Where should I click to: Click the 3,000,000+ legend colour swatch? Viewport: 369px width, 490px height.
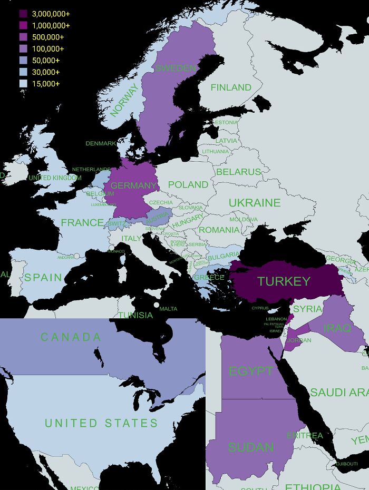coord(23,14)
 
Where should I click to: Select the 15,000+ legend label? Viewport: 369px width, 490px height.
coord(46,84)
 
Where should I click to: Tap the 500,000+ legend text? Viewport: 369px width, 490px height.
coord(48,37)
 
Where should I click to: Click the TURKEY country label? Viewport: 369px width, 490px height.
coord(284,281)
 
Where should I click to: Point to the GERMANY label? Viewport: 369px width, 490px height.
coord(133,185)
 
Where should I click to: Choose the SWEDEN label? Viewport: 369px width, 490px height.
coord(176,68)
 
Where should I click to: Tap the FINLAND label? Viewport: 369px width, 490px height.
coord(231,87)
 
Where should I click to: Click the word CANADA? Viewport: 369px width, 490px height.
coord(71,337)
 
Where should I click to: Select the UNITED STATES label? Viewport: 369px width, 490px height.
coord(101,423)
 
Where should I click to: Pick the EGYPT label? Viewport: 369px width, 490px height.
coord(250,371)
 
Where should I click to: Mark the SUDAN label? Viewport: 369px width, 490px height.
coord(251,447)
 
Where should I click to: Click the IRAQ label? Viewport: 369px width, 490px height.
coord(337,328)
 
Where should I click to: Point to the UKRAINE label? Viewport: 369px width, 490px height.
coord(254,203)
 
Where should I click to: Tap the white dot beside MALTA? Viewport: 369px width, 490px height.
coord(156,305)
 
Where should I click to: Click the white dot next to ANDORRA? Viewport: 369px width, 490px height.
coord(77,256)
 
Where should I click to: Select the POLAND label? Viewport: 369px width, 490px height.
coord(188,184)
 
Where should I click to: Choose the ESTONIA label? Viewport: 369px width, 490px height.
coord(227,122)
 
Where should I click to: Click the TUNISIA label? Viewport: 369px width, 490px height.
coord(135,315)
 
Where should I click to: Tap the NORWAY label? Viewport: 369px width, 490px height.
coord(124,100)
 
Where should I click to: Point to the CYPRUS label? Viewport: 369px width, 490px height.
coord(260,308)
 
